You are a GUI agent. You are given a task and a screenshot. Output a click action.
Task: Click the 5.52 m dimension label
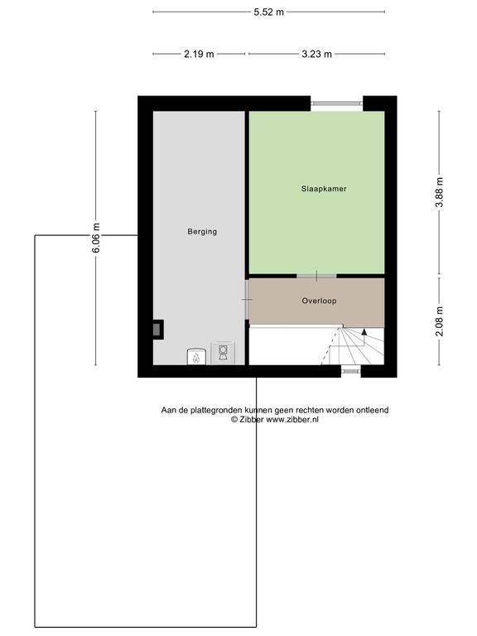(269, 12)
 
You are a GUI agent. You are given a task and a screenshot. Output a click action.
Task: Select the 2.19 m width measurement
(199, 54)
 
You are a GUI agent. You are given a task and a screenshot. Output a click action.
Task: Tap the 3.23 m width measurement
(317, 54)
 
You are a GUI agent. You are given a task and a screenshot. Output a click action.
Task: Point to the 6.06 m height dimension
(96, 238)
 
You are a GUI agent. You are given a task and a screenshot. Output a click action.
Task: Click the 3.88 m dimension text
(439, 193)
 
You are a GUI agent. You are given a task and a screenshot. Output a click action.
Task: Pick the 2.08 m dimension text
(439, 321)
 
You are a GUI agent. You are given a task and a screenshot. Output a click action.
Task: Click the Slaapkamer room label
(324, 189)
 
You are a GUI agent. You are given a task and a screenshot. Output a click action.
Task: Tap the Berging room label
(202, 232)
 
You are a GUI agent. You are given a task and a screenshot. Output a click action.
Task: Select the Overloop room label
(319, 301)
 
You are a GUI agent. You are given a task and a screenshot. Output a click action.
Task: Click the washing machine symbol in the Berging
(223, 353)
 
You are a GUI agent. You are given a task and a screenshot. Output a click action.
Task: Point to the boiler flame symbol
(196, 358)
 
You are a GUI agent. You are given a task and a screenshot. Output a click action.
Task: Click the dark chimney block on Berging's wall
(158, 330)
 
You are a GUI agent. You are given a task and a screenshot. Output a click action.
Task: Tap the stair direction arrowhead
(364, 331)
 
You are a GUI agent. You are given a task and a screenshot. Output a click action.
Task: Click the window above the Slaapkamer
(337, 104)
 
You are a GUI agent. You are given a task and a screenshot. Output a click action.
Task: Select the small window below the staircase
(351, 370)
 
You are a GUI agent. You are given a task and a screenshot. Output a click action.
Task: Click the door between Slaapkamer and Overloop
(316, 277)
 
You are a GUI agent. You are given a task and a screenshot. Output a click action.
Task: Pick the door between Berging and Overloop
(247, 300)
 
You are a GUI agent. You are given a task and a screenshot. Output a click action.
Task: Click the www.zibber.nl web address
(292, 420)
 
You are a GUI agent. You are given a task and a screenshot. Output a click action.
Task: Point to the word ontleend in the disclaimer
(373, 410)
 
